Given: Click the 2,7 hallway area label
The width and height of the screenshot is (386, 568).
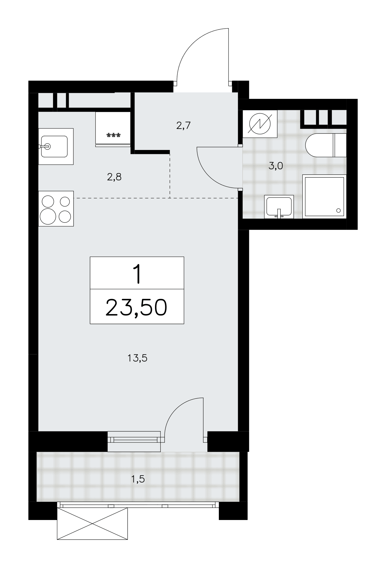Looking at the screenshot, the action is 183,125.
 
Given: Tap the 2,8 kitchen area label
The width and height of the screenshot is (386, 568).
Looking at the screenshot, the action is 114,177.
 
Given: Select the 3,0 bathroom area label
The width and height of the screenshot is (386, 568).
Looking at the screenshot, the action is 276,166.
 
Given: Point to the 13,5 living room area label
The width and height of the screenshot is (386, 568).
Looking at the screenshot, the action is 137,358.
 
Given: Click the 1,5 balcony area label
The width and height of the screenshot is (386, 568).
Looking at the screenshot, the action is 138,479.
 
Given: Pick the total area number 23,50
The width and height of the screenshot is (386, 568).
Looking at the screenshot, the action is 136,308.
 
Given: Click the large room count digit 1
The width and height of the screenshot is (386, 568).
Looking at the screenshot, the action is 137,274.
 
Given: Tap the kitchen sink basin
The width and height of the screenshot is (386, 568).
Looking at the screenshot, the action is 54,146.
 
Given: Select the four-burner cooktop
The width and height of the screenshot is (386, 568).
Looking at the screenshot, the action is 56,208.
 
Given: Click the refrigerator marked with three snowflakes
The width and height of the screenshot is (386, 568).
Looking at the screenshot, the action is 113,129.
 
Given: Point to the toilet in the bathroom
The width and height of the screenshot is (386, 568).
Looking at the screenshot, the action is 326,145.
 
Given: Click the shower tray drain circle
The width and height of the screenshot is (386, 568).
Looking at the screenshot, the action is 338,210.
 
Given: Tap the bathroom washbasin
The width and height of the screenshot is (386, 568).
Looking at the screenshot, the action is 279,206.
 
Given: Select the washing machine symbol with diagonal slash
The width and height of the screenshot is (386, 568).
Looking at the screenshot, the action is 260,124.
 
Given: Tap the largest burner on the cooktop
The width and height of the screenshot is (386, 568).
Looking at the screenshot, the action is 48,216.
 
